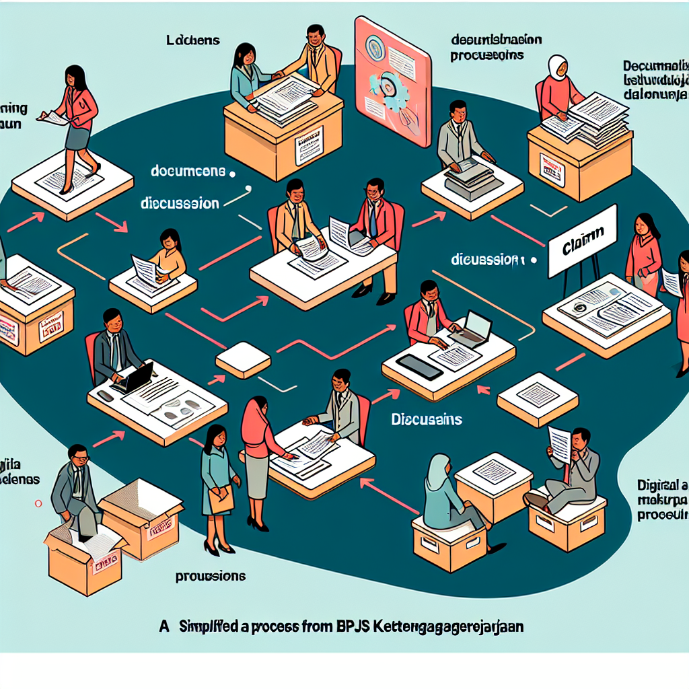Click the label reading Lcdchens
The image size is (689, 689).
pyautogui.click(x=192, y=40)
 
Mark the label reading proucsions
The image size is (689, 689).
pyautogui.click(x=210, y=577)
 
